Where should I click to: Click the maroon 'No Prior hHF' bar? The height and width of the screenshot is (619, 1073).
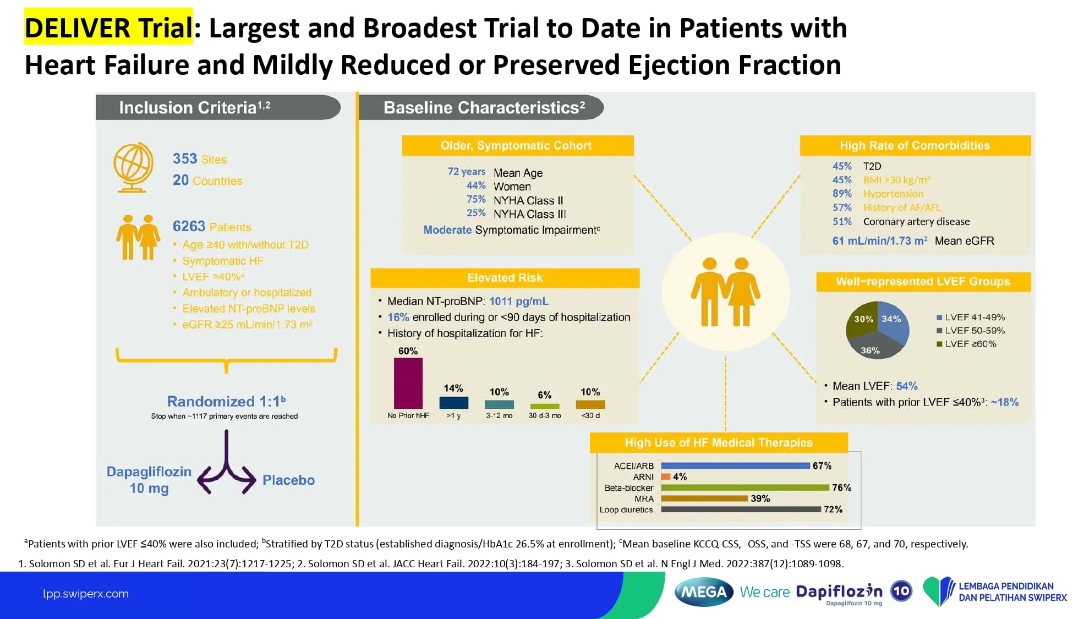point(408,383)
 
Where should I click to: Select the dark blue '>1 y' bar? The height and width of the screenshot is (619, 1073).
point(453,403)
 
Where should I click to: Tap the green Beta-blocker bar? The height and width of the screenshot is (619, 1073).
point(744,487)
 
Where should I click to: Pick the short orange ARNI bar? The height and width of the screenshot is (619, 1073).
point(666,476)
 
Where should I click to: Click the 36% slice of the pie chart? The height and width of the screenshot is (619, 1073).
point(872,349)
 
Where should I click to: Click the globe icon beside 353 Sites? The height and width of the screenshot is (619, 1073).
point(133,167)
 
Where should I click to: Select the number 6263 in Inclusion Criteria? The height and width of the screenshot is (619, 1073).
point(189,226)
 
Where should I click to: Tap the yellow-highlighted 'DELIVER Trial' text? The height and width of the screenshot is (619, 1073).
point(108,28)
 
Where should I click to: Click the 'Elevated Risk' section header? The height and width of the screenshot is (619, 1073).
point(505,278)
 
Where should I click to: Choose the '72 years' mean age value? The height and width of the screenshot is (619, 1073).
point(466,172)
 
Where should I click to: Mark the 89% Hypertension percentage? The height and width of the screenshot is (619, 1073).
point(842,194)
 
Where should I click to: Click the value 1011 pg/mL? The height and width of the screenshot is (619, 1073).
point(518,301)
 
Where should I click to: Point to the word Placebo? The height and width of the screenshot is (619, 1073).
point(288,480)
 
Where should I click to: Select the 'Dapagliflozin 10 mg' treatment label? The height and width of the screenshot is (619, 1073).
point(149,480)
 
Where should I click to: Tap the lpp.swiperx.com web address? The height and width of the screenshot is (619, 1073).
point(86,594)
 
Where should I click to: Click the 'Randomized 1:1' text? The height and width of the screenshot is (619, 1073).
point(226,401)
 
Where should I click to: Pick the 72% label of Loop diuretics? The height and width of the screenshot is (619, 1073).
point(833,510)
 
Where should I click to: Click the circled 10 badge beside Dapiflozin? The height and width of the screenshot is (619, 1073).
point(901,591)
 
